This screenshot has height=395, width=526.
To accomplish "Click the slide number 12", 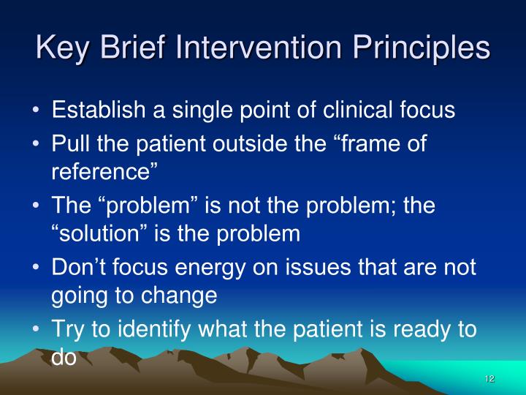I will [x=489, y=378].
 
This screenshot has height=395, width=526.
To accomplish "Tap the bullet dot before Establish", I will [x=37, y=110].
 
